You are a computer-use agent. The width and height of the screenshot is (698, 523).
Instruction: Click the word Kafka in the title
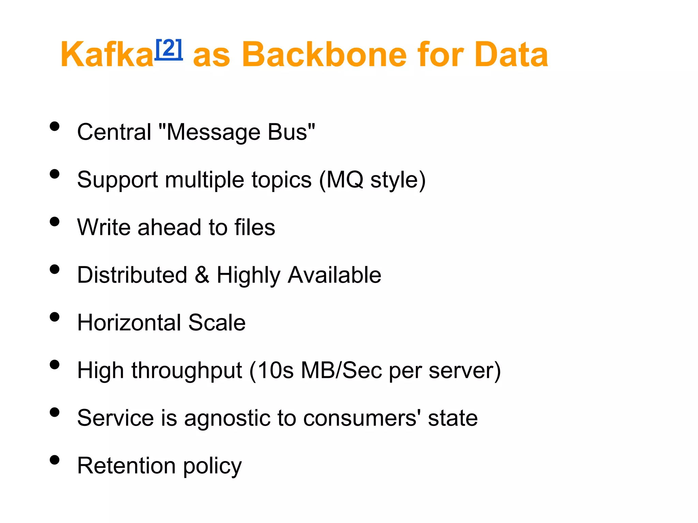[x=107, y=54]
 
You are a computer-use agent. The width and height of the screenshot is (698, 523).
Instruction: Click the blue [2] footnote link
[x=169, y=49]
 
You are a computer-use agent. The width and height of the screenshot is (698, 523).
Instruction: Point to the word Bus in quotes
[x=287, y=132]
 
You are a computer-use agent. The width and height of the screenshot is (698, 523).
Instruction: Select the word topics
[x=282, y=180]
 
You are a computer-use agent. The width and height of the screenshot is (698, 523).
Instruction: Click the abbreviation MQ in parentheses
[x=345, y=180]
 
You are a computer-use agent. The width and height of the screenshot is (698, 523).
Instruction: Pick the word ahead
[x=169, y=227]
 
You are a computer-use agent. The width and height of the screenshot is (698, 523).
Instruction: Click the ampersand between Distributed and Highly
[x=202, y=275]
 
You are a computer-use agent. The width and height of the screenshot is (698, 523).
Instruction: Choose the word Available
[x=334, y=275]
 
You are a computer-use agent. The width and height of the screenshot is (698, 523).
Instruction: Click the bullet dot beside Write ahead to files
[x=55, y=222]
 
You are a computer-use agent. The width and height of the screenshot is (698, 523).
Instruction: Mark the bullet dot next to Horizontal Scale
[x=55, y=317]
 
